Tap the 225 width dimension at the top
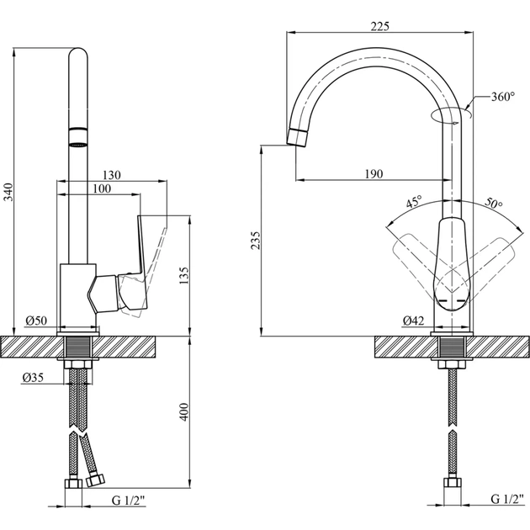[x=379, y=25]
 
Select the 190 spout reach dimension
[x=374, y=173]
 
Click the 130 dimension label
[x=112, y=174]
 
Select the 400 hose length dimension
[x=184, y=411]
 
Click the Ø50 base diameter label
[x=35, y=321]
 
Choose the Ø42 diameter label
[x=412, y=321]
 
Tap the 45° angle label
[x=414, y=202]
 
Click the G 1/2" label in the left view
[x=129, y=501]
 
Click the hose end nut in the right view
[x=453, y=485]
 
